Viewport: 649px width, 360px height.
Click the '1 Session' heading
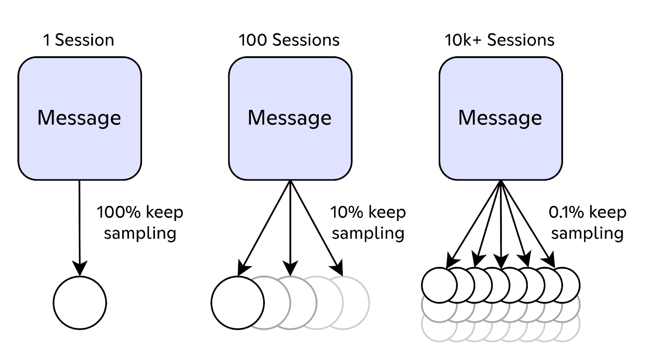tap(78, 40)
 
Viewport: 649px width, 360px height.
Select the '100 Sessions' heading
tap(289, 40)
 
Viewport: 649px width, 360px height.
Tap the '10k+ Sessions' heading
tap(499, 40)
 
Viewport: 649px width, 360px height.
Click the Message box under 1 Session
tap(80, 118)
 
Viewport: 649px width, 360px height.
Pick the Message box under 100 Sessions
tap(290, 118)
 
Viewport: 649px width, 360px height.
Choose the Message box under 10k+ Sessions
tap(501, 118)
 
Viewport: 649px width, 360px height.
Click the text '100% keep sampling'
tap(140, 222)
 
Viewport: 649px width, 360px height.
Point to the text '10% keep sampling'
tap(368, 222)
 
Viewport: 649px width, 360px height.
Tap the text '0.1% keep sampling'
tap(587, 222)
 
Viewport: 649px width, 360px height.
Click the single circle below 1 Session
tap(80, 303)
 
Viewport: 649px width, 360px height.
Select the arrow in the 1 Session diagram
tap(80, 227)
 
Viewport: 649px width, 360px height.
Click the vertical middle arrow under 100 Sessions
tap(290, 227)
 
